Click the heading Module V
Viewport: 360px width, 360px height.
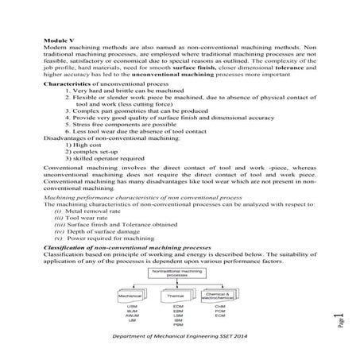coord(57,37)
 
